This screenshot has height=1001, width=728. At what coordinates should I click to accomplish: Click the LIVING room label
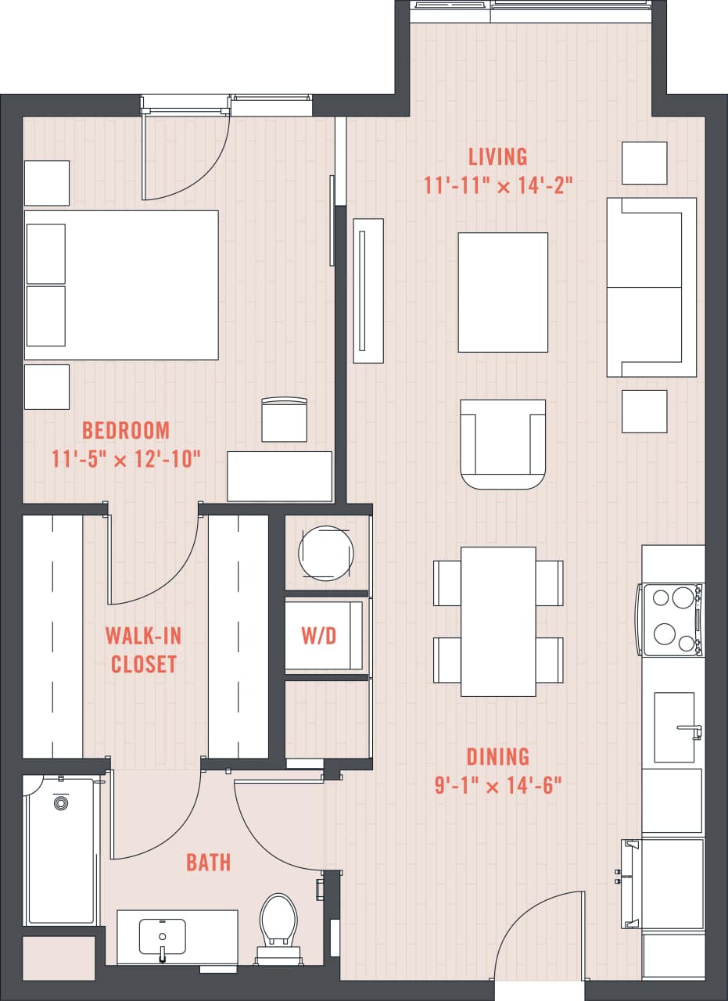[497, 156]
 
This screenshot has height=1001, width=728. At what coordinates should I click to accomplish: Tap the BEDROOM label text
[126, 430]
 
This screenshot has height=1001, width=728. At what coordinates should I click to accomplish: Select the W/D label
[319, 636]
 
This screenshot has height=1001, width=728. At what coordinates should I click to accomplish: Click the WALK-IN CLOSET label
[143, 649]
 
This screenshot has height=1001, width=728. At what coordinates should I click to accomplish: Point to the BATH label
[208, 863]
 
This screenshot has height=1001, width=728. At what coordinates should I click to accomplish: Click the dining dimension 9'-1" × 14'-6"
[498, 785]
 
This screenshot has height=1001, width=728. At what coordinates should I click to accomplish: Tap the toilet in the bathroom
[279, 923]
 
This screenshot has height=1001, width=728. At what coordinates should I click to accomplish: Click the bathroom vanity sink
[162, 936]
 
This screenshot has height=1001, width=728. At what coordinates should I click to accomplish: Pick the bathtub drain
[60, 803]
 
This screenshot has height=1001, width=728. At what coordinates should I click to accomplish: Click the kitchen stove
[672, 619]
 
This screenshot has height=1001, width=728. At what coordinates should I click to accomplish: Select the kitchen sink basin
[674, 727]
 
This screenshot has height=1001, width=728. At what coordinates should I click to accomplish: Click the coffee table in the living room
[503, 292]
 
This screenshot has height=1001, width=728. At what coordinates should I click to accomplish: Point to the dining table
[498, 621]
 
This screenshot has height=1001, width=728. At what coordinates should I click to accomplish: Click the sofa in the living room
[651, 287]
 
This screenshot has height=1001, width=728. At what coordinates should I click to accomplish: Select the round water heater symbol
[325, 552]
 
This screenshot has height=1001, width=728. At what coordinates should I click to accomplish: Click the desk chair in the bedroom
[284, 421]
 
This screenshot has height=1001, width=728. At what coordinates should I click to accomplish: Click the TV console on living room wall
[368, 290]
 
